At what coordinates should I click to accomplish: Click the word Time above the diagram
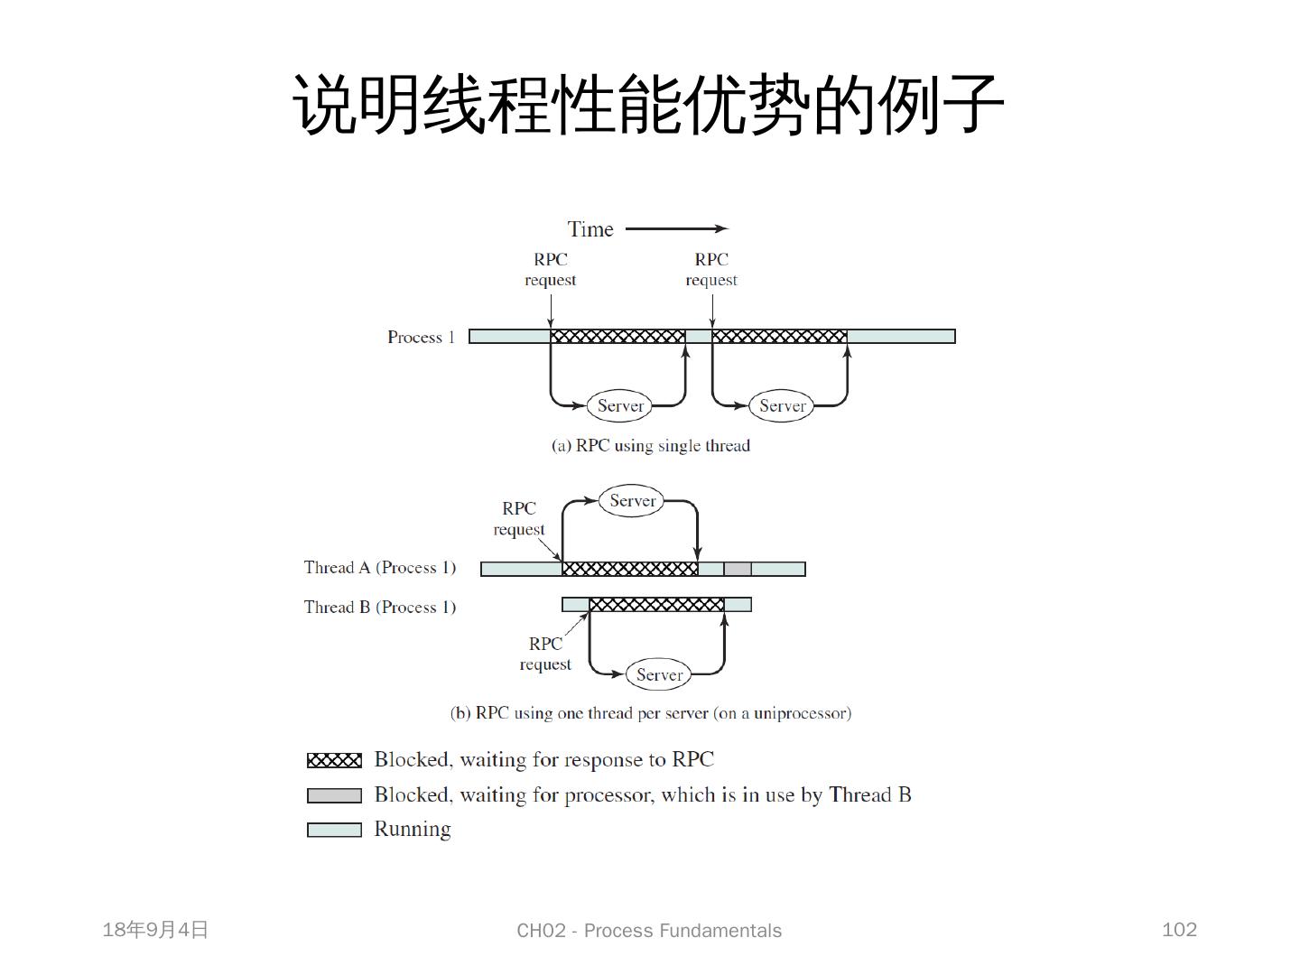pyautogui.click(x=590, y=229)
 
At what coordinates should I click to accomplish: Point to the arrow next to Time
pyautogui.click(x=676, y=229)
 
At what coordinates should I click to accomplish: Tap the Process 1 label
pyautogui.click(x=421, y=337)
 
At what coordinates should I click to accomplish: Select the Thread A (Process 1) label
pyautogui.click(x=380, y=568)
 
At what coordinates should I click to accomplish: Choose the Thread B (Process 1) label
pyautogui.click(x=380, y=607)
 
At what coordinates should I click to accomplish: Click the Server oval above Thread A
pyautogui.click(x=632, y=501)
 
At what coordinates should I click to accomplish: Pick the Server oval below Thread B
pyautogui.click(x=659, y=674)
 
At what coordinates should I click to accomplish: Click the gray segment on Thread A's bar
pyautogui.click(x=738, y=569)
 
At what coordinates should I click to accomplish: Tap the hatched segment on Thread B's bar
pyautogui.click(x=656, y=604)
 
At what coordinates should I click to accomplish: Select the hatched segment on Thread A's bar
pyautogui.click(x=630, y=569)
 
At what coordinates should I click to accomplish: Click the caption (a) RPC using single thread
pyautogui.click(x=651, y=445)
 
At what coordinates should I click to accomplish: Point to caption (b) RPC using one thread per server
pyautogui.click(x=650, y=713)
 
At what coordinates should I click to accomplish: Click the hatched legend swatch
pyautogui.click(x=334, y=760)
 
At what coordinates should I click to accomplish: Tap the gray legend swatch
pyautogui.click(x=334, y=795)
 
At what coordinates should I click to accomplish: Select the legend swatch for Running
pyautogui.click(x=334, y=830)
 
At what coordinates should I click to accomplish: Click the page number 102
pyautogui.click(x=1179, y=930)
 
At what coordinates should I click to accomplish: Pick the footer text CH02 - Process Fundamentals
pyautogui.click(x=649, y=931)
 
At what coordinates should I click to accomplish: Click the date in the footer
pyautogui.click(x=155, y=930)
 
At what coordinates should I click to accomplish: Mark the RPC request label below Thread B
pyautogui.click(x=545, y=654)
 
